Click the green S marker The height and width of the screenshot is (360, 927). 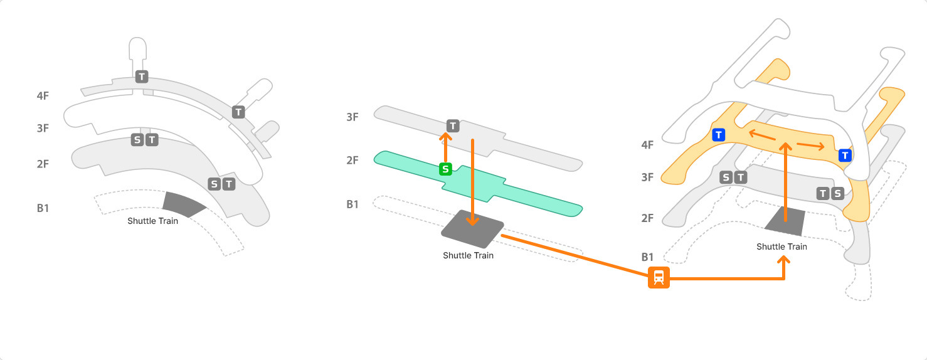coord(445,168)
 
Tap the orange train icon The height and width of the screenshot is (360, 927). coord(659,277)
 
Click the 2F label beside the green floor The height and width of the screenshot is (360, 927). coord(352,161)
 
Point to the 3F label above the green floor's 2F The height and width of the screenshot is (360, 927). coord(352,117)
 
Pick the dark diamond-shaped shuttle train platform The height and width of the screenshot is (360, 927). coord(472,228)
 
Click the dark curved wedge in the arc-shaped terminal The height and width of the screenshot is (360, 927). coord(184,204)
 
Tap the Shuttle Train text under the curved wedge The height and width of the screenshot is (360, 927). coord(152,221)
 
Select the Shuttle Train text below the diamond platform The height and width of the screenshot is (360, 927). coord(468,255)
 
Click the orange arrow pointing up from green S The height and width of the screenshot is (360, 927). coord(445,148)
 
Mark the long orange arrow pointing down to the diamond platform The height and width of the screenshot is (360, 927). coord(472,182)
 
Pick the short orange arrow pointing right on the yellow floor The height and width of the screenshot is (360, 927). coord(811,146)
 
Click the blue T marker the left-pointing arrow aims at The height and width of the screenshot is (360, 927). coord(719,134)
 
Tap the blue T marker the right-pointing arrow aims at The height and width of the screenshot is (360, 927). coord(845,155)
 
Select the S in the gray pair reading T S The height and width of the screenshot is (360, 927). coord(837,193)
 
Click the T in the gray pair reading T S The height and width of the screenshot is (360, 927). coord(823,193)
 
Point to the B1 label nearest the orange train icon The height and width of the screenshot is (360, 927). coord(647,257)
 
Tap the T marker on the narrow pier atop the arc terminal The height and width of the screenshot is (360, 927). coord(142,77)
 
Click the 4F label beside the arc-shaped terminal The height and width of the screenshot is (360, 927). coord(43,96)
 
